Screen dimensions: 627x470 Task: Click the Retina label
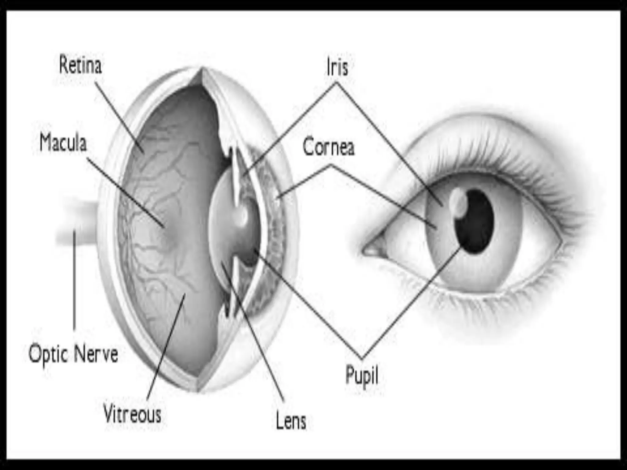click(80, 65)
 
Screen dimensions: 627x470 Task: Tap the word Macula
click(63, 143)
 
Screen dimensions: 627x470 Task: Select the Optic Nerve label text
click(73, 354)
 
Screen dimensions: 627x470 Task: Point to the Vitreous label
click(132, 414)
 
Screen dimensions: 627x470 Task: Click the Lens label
click(291, 421)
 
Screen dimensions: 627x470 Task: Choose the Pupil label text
click(362, 375)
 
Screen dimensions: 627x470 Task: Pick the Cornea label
click(329, 147)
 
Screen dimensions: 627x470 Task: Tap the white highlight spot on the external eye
click(457, 202)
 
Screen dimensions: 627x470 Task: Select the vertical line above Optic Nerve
click(74, 282)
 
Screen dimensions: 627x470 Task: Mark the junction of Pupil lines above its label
click(362, 358)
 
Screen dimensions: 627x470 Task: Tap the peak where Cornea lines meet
click(331, 165)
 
